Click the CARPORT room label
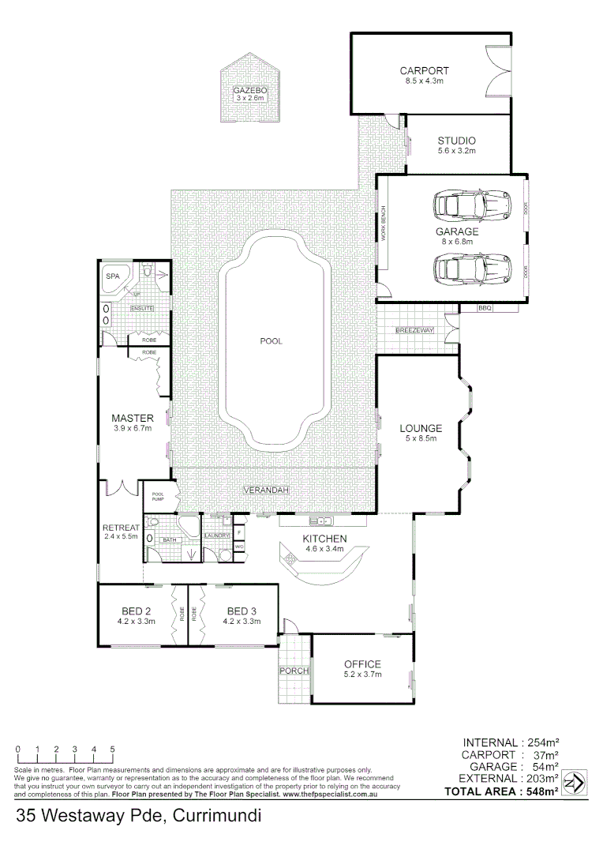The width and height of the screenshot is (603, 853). point(424,70)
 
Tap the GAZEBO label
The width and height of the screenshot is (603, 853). point(250,91)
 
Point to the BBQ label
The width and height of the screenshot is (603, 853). point(485,308)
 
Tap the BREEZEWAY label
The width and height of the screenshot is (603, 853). point(415,330)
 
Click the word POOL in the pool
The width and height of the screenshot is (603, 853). point(271,342)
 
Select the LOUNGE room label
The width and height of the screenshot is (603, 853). point(421,428)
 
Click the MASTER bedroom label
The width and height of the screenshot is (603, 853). point(132,418)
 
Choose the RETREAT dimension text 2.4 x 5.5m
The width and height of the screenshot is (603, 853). point(121,537)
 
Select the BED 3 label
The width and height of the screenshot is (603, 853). point(241,611)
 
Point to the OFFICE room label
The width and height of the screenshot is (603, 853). point(362,663)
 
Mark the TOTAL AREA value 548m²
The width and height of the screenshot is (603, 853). point(544,791)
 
